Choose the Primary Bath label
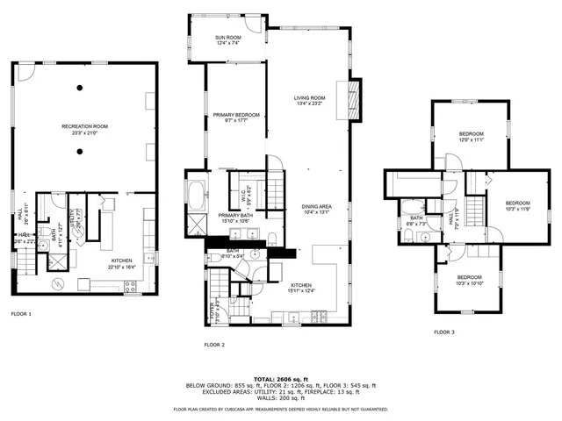235,218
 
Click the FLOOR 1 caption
21,313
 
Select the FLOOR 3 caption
445,332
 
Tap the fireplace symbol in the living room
355,99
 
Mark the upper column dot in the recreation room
79,87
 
